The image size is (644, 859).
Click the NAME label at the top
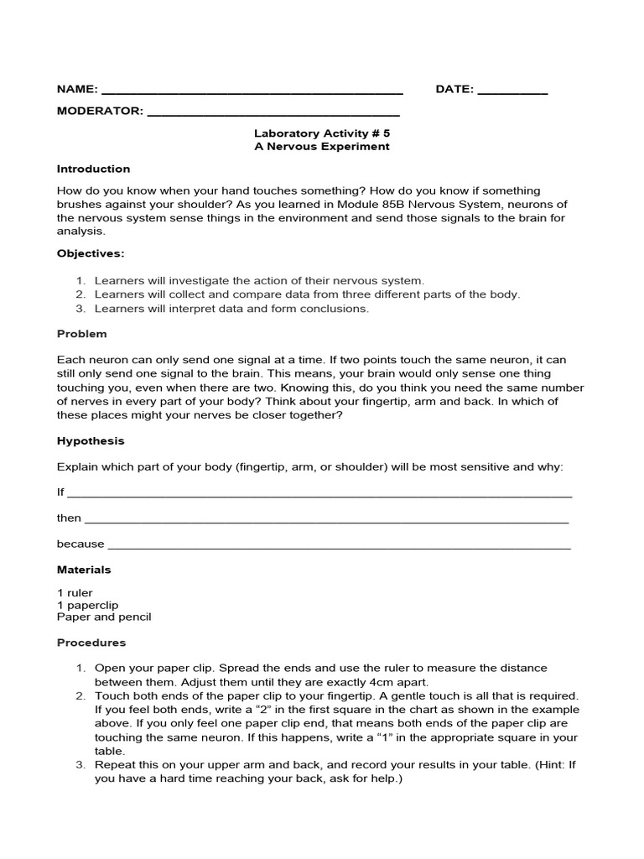click(77, 90)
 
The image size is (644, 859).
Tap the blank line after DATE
click(512, 91)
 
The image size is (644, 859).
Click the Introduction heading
click(93, 169)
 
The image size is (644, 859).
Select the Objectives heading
click(91, 252)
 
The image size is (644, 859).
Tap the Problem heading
click(81, 334)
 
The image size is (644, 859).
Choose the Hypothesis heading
click(91, 440)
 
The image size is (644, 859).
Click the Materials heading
click(84, 570)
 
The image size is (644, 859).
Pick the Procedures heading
click(91, 643)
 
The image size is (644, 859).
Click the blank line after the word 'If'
click(319, 494)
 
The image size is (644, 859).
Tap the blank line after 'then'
click(327, 520)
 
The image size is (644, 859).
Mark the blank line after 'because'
click(339, 545)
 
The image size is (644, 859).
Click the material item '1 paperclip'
click(87, 605)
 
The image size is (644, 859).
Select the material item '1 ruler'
click(75, 593)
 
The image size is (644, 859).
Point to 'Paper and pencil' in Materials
click(104, 617)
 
